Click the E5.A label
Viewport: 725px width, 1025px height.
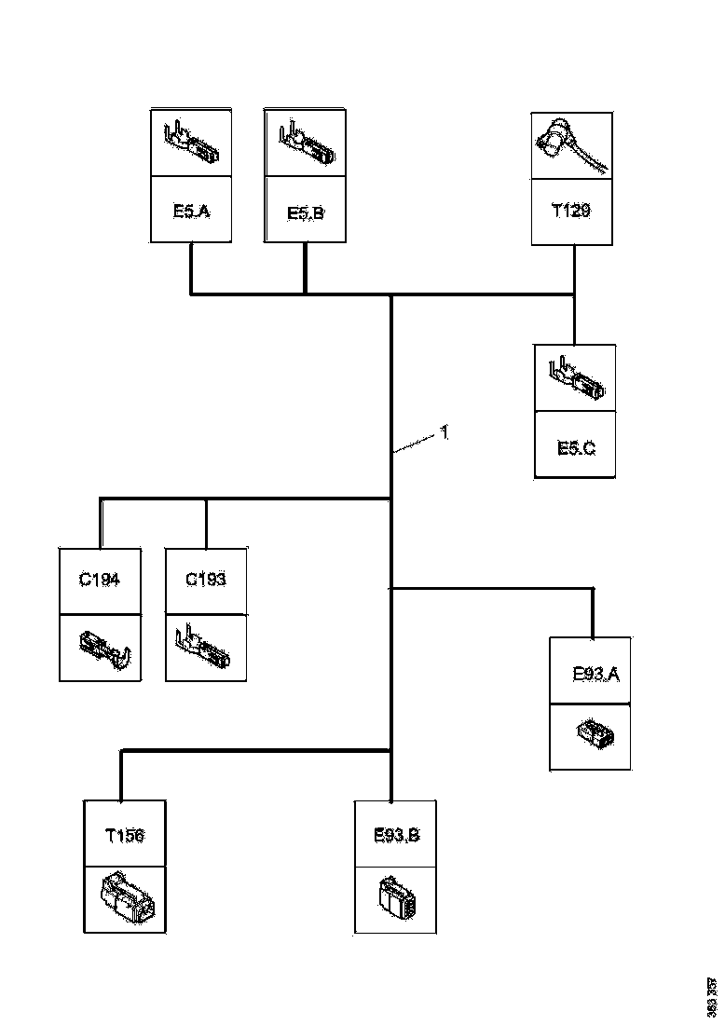click(191, 212)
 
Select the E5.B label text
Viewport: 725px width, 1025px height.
click(305, 213)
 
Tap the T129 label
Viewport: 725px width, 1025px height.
click(571, 212)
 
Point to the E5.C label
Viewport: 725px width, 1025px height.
click(576, 448)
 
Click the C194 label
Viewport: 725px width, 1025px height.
click(100, 580)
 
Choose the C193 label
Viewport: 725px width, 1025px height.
click(205, 580)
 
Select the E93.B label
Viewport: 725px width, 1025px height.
click(396, 835)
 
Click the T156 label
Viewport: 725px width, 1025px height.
click(124, 835)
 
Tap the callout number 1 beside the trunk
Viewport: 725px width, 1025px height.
click(445, 432)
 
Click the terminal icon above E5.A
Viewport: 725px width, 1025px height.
click(192, 143)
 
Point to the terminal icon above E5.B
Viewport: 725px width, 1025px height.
click(306, 143)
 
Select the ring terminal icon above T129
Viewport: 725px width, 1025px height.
click(570, 144)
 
